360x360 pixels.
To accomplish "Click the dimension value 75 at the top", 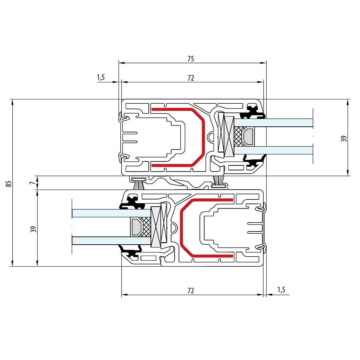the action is coord(191,59).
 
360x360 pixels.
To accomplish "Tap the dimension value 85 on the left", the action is coord(8,183).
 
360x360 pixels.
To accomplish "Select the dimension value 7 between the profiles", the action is coord(32,183).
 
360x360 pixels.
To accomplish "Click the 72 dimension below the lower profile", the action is coord(191,291).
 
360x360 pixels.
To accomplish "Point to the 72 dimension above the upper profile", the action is coord(191,78).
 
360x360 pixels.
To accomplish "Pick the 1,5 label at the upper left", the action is coord(101,77).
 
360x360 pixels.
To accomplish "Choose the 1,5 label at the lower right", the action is coord(281,290).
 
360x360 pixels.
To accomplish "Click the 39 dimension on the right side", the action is coord(344,138).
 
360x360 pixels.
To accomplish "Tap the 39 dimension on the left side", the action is coord(33,229).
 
